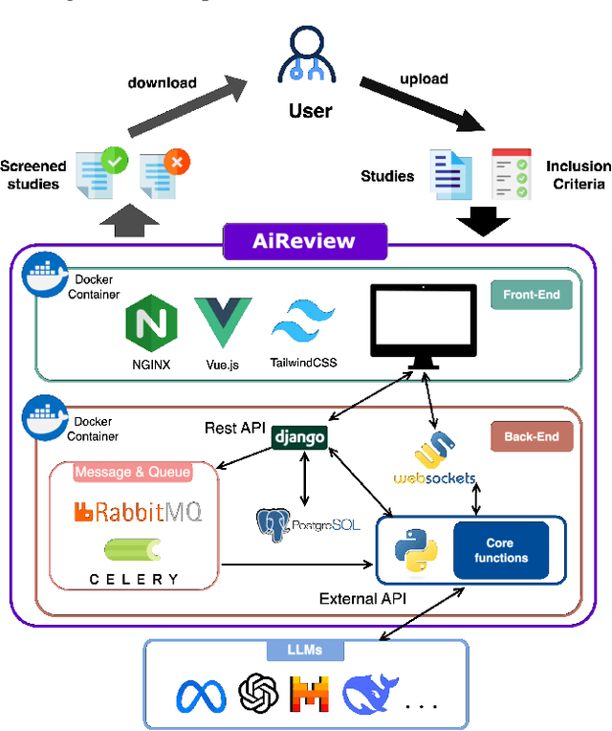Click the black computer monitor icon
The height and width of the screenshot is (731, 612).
(424, 326)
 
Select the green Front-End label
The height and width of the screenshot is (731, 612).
(531, 295)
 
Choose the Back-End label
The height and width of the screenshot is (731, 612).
(531, 437)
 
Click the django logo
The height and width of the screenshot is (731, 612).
(299, 437)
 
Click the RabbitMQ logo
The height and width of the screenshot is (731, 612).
(138, 512)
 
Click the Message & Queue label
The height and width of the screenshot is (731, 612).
(133, 472)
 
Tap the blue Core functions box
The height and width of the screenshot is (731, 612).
(500, 550)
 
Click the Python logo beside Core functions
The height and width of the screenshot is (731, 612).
(415, 551)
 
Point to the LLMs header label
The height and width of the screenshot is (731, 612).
(305, 650)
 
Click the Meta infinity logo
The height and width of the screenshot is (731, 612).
(201, 696)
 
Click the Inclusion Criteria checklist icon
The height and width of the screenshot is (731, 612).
(511, 174)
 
